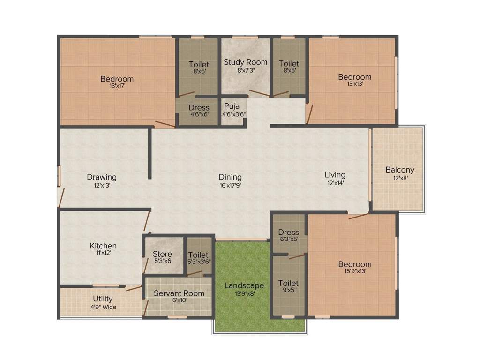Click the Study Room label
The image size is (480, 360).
(x=245, y=62)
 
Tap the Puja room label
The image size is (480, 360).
(x=232, y=106)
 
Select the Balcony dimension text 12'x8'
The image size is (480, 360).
(x=400, y=178)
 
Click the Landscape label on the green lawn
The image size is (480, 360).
(x=244, y=285)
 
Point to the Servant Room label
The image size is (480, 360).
(x=179, y=293)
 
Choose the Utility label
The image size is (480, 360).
(x=103, y=299)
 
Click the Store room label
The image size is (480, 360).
(x=163, y=255)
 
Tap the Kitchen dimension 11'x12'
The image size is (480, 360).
(x=103, y=253)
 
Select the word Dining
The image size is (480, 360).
(x=230, y=177)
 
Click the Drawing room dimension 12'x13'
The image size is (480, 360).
(x=102, y=185)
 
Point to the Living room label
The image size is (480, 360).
(x=335, y=175)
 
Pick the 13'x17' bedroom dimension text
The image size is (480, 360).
(x=117, y=86)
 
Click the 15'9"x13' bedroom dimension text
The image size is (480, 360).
(x=355, y=271)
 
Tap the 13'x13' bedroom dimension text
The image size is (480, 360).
(x=355, y=84)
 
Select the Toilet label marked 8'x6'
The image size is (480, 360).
(x=199, y=64)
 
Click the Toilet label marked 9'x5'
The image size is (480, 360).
(x=288, y=283)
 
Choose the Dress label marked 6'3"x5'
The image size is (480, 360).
(x=288, y=232)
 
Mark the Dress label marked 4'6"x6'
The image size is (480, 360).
(x=199, y=108)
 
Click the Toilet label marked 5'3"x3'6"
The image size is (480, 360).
(x=199, y=255)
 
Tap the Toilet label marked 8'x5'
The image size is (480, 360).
(x=289, y=63)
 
